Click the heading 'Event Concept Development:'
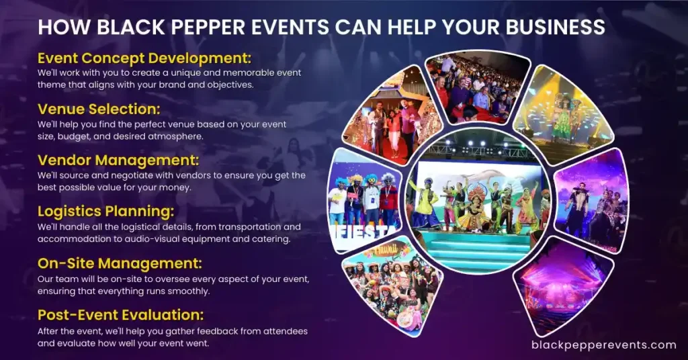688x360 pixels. [144, 58]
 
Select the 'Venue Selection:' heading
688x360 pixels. [99, 109]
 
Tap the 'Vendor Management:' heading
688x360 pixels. [118, 160]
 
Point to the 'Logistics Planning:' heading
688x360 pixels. [105, 212]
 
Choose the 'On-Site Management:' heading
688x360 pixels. [120, 263]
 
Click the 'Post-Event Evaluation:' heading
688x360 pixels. [121, 314]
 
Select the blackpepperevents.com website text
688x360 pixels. [604, 345]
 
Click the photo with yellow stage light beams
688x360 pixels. [564, 108]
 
